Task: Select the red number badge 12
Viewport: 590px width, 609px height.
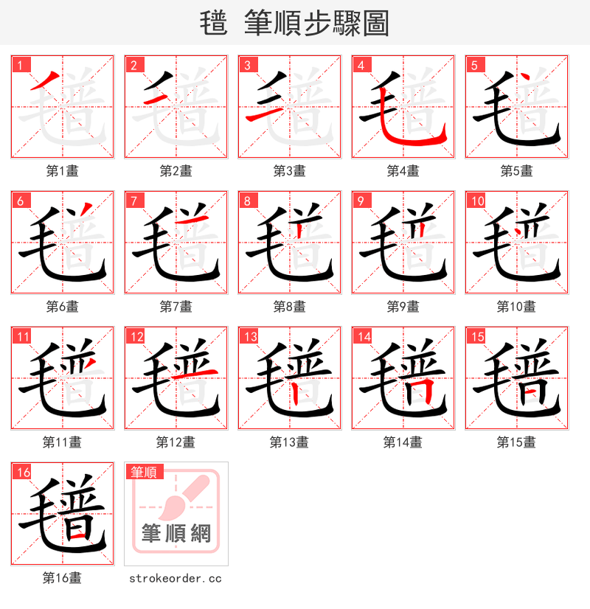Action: coord(136,336)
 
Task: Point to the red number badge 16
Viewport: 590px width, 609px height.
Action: coord(23,472)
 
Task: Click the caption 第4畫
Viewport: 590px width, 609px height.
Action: coord(403,170)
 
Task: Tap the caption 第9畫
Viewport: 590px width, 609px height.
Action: coord(403,306)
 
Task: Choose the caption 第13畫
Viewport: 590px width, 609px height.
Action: coord(289,442)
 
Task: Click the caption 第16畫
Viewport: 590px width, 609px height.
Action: coord(62,577)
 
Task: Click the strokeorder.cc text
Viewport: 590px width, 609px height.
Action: coord(176,578)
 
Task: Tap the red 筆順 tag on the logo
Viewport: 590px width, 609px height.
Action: coord(145,472)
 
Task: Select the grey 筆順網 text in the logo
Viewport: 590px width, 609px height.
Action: coord(176,532)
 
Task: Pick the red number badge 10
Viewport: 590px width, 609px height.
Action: coord(478,201)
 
